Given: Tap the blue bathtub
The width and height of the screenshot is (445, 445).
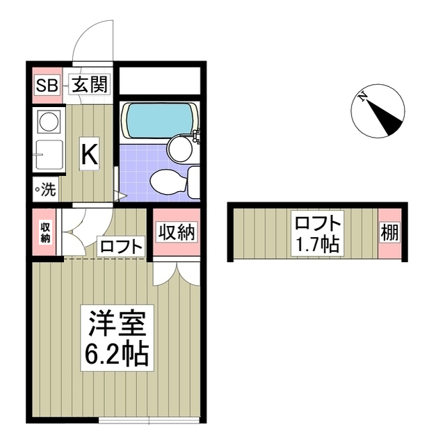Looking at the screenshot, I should (156, 120).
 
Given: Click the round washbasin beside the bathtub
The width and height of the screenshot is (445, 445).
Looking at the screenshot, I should (181, 147).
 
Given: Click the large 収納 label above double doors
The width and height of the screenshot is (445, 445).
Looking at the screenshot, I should (177, 232).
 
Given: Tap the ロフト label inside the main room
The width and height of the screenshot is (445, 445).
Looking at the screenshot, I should (121, 246).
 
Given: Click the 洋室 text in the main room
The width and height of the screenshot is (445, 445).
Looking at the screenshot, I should (116, 325).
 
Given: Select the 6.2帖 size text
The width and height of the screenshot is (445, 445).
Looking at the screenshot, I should (116, 355).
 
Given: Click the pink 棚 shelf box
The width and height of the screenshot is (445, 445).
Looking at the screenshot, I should (390, 233).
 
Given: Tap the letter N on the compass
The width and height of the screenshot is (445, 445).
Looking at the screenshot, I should (362, 98).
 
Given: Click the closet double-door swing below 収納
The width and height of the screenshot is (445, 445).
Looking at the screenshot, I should (177, 273).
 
